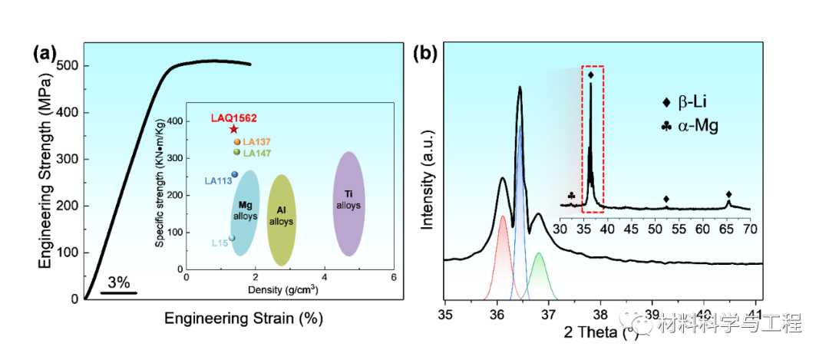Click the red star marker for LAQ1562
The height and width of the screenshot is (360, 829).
point(234,129)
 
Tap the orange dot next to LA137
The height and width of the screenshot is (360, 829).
point(236,142)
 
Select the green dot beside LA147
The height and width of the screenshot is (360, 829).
point(236,152)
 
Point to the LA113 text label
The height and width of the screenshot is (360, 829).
point(217,181)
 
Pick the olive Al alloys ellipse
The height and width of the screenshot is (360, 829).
point(280,220)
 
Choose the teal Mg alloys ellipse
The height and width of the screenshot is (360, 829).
point(245,212)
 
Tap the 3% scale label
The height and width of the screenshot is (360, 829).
point(119,282)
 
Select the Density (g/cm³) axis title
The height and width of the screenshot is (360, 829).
point(282,290)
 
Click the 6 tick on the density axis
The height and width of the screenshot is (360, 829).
point(393,277)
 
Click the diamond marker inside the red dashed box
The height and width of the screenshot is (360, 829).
point(590,74)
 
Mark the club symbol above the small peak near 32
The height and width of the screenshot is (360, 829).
point(571,196)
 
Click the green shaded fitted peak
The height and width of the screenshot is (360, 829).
point(539,276)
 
